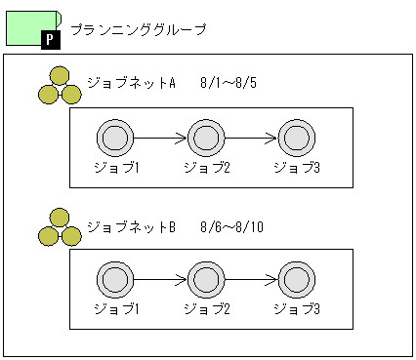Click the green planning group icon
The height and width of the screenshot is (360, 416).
pyautogui.click(x=27, y=25)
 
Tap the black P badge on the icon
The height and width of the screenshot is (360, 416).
pyautogui.click(x=51, y=38)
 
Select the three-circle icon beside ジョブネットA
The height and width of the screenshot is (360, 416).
pyautogui.click(x=60, y=87)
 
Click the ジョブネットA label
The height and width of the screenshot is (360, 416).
pyautogui.click(x=130, y=82)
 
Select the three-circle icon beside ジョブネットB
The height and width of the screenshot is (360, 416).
pyautogui.click(x=60, y=227)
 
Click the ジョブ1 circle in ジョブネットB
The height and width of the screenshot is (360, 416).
pyautogui.click(x=114, y=281)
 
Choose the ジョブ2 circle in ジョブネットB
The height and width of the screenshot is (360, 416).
pyautogui.click(x=205, y=281)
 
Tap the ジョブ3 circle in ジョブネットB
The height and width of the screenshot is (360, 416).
pyautogui.click(x=296, y=281)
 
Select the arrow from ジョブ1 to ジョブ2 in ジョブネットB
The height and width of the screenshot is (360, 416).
pyautogui.click(x=159, y=281)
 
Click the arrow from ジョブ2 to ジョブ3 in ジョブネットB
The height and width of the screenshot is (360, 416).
pyautogui.click(x=250, y=281)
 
